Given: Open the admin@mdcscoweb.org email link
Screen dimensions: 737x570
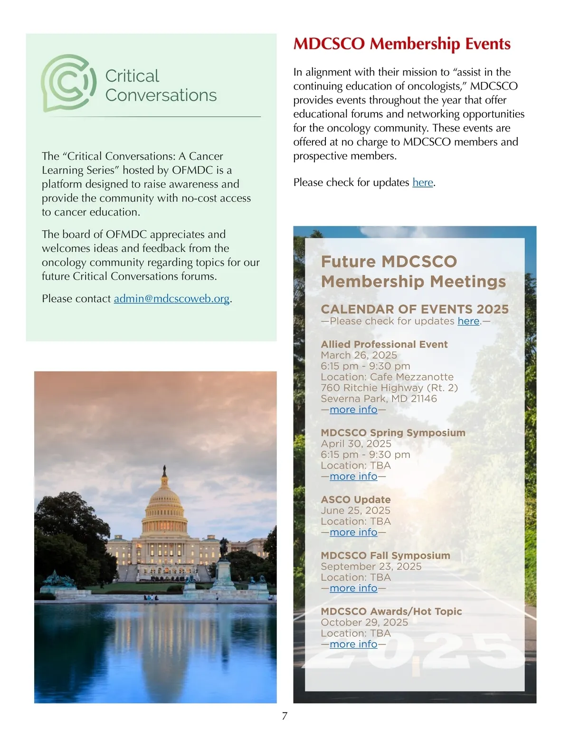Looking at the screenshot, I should (x=171, y=299).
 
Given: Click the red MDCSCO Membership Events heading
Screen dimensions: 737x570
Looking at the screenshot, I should (x=401, y=44).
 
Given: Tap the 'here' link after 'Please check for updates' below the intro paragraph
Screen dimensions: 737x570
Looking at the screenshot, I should (x=422, y=182).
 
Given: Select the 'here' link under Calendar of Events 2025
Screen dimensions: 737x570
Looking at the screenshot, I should (x=468, y=321).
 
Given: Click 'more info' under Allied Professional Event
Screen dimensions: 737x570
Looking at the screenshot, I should (x=353, y=410).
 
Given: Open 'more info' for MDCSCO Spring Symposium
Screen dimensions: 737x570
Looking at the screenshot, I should (x=353, y=476).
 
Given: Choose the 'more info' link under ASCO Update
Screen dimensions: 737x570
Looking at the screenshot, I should (x=353, y=532).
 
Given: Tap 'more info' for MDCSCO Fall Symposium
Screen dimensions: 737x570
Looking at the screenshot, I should (x=353, y=588).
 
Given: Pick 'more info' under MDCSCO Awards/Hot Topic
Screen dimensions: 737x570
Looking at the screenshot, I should (x=353, y=644).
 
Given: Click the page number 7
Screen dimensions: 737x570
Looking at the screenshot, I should (x=285, y=716).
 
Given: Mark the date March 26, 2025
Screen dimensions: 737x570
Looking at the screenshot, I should (x=359, y=355).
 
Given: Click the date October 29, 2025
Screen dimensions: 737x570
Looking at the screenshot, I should (x=364, y=622).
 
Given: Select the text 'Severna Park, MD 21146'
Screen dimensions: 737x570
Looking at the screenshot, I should (x=379, y=399).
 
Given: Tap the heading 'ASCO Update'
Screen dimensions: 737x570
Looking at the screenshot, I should (x=355, y=500).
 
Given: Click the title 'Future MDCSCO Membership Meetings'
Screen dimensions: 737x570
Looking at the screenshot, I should (x=413, y=271).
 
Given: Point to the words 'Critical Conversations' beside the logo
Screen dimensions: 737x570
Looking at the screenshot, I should (x=161, y=85).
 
